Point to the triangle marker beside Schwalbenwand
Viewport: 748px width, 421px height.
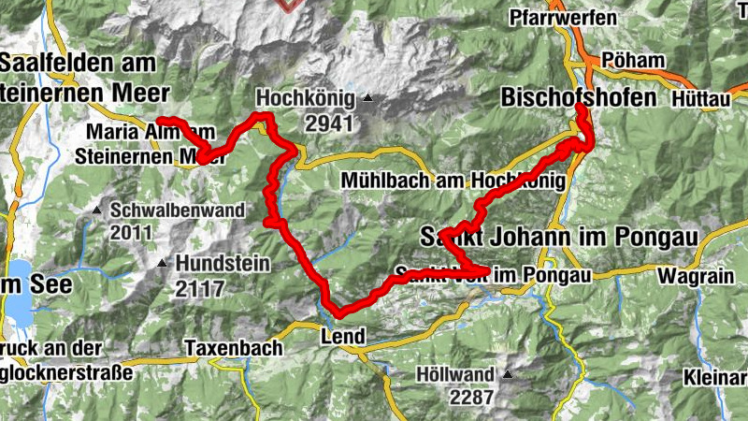point(96,210)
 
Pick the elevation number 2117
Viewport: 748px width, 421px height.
point(198,289)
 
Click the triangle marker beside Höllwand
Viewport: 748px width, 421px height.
point(508,375)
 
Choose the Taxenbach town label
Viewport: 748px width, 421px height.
point(233,348)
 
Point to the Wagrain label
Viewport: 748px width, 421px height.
point(694,275)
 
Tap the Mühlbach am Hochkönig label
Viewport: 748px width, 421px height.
point(453,181)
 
